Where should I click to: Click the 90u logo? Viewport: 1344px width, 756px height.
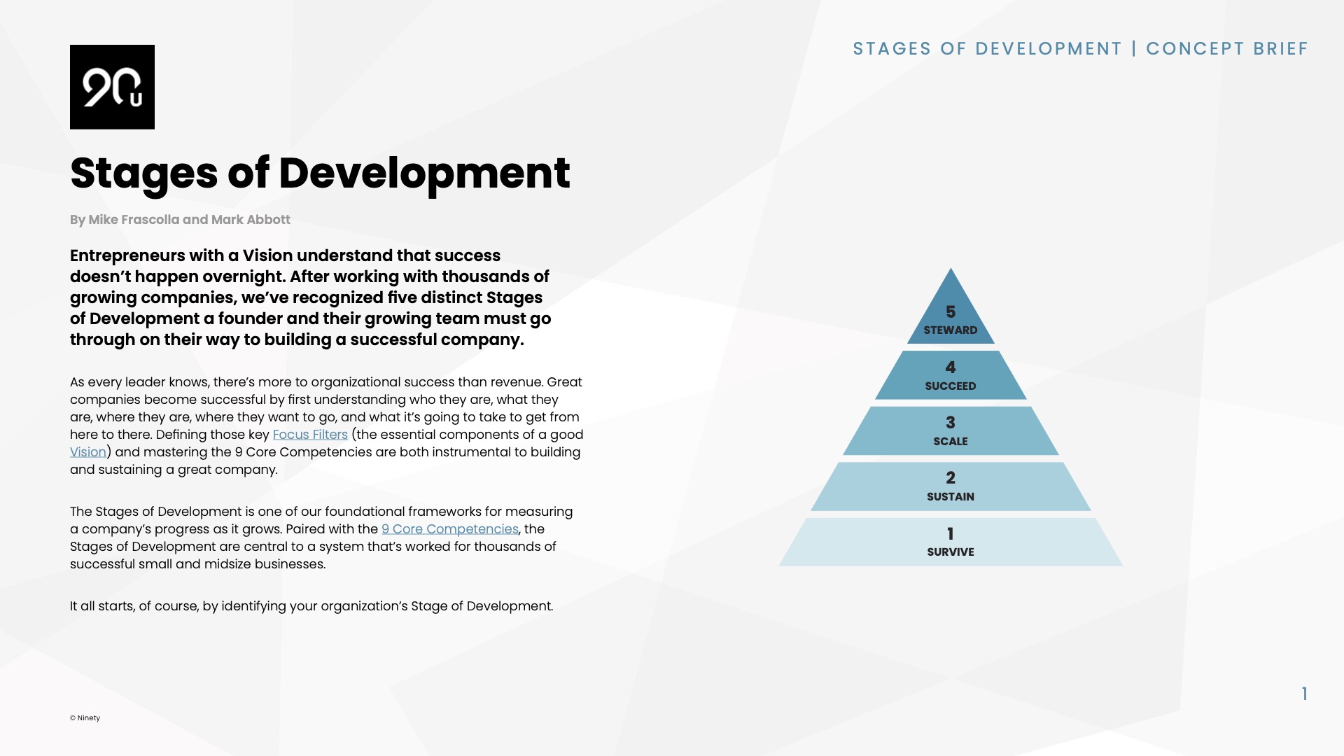tap(112, 87)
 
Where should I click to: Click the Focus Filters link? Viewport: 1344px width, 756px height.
tap(310, 435)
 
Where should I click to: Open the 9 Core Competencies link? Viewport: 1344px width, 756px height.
tap(449, 529)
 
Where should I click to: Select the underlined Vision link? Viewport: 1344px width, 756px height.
tap(88, 452)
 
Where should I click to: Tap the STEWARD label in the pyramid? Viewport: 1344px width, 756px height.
tap(950, 330)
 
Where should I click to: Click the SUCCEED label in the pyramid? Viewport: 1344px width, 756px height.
tap(950, 386)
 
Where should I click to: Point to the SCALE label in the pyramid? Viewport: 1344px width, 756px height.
tap(950, 442)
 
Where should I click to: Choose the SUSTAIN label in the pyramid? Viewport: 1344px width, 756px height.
tap(950, 497)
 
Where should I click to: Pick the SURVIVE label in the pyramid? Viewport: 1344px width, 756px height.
tap(950, 552)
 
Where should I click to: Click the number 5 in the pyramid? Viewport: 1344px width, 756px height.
tap(950, 311)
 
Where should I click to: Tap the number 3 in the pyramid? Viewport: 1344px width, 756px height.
tap(950, 423)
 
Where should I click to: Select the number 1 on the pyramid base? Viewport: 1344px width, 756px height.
tap(950, 534)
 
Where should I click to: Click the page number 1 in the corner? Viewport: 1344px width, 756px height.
tap(1304, 694)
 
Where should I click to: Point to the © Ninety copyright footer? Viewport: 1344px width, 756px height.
tap(85, 718)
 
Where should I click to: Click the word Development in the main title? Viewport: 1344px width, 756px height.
tap(424, 174)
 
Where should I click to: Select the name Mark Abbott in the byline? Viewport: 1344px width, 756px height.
tap(251, 220)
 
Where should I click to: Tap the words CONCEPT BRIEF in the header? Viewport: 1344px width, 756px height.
tap(1226, 49)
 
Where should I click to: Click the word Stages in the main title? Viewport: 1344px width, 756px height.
tap(143, 174)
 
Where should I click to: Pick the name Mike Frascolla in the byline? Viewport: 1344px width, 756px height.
tap(134, 220)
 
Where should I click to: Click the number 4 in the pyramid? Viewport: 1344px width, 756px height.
tap(950, 367)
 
